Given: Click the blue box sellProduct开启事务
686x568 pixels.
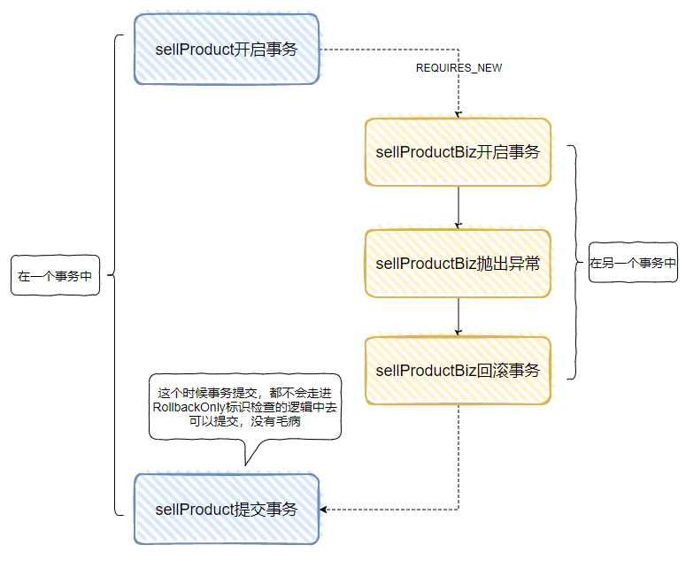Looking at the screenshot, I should pos(226,50).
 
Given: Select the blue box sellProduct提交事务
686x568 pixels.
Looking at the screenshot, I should pos(226,509).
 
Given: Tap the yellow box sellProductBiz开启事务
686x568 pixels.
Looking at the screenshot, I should pos(458,152).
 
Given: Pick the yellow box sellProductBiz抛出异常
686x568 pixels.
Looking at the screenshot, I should pos(458,264).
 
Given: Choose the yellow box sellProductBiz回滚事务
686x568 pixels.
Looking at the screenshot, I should pos(458,371).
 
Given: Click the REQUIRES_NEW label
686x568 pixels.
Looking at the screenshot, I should pos(459,68).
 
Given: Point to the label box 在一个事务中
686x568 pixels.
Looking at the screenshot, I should pos(55,276).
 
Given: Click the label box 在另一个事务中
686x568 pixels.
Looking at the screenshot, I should pos(633,263).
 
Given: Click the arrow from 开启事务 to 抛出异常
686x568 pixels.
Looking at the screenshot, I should pos(458,208).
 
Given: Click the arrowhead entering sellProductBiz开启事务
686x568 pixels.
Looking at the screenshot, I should pos(458,114).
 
